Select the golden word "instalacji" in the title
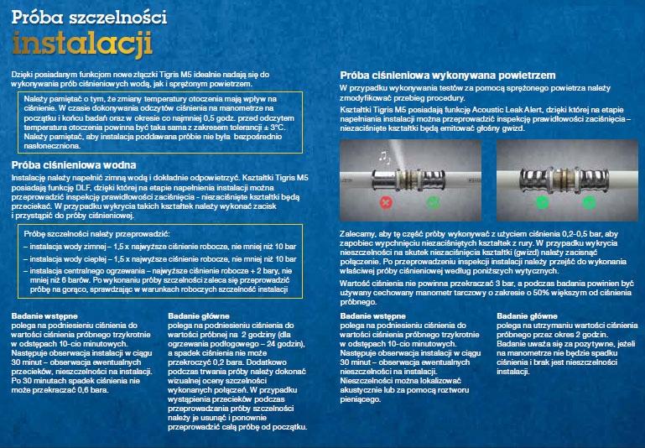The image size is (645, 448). tap(81, 43)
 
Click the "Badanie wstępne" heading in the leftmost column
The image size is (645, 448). tap(41, 315)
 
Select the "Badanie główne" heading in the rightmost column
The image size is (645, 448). tap(531, 315)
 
